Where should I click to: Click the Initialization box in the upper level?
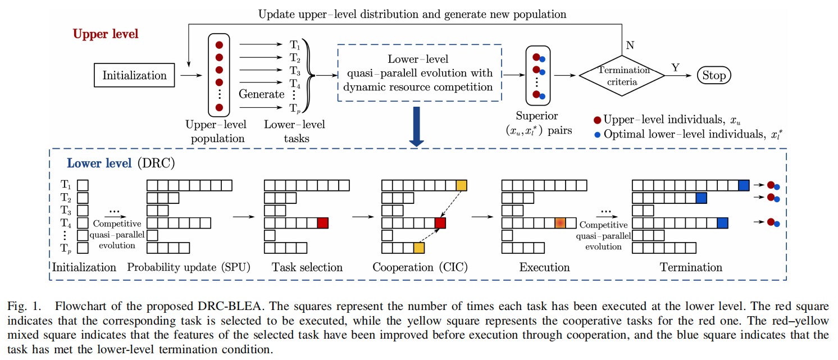pyautogui.click(x=134, y=75)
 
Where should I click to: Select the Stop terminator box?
pyautogui.click(x=714, y=75)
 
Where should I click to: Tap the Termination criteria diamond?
pyautogui.click(x=623, y=75)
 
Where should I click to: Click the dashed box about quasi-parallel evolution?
pyautogui.click(x=419, y=73)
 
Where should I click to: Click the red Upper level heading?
pyautogui.click(x=106, y=34)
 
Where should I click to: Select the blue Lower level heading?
pyautogui.click(x=92, y=163)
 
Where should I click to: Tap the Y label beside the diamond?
pyautogui.click(x=675, y=67)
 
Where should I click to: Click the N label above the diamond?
pyautogui.click(x=630, y=45)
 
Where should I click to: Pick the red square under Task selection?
pyautogui.click(x=322, y=223)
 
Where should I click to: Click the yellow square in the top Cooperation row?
pyautogui.click(x=461, y=185)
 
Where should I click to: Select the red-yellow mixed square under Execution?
pyautogui.click(x=560, y=223)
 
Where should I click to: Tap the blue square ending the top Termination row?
pyautogui.click(x=744, y=185)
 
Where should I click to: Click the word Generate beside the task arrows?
pyautogui.click(x=261, y=94)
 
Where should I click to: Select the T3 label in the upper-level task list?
pyautogui.click(x=295, y=71)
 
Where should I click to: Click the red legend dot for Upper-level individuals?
pyautogui.click(x=597, y=120)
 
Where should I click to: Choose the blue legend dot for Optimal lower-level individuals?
pyautogui.click(x=598, y=135)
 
